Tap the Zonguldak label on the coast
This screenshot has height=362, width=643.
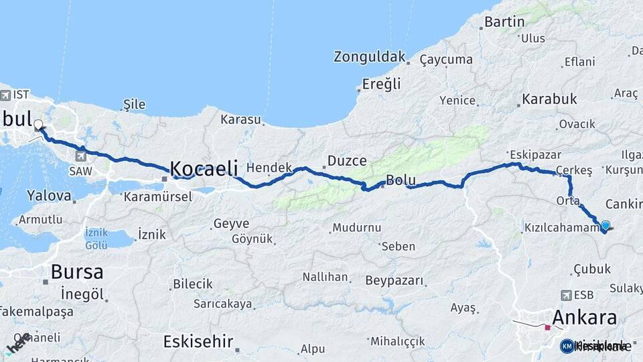[370, 57]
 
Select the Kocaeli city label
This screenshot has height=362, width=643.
[204, 168]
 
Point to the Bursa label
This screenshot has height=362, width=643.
[77, 272]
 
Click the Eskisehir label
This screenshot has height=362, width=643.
[198, 342]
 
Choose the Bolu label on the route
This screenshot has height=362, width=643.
[401, 181]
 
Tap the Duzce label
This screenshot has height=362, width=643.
[347, 161]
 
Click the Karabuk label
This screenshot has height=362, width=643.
[549, 99]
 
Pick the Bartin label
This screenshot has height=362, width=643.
[504, 22]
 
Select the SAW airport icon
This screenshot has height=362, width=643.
[81, 156]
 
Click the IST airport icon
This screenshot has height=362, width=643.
[5, 95]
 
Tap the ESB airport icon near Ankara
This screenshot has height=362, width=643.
[567, 295]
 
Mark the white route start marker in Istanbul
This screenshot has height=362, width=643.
[38, 124]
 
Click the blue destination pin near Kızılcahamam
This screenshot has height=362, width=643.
[605, 226]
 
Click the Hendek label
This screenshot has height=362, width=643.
[269, 168]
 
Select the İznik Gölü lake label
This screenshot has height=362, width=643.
[96, 239]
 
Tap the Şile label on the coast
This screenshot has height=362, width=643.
[134, 105]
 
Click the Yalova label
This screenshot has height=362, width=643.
[49, 196]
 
